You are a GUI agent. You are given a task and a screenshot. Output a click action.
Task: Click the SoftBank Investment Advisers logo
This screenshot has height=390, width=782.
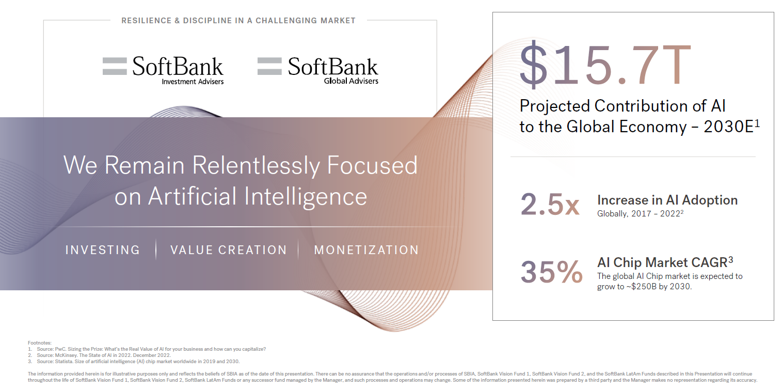coord(163,70)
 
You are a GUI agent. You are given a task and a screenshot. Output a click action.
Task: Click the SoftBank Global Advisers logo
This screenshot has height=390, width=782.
coord(317,70)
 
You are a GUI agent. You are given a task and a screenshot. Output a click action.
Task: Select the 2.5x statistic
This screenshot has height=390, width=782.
coord(550,204)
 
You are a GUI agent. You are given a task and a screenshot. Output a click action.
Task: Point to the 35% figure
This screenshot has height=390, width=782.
coord(552,272)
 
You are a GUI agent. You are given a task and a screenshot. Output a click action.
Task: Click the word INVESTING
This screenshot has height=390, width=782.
coord(103,250)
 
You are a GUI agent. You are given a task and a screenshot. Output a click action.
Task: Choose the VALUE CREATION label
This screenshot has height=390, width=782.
coord(229,250)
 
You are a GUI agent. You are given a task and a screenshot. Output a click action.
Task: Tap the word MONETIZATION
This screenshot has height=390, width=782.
coord(366,250)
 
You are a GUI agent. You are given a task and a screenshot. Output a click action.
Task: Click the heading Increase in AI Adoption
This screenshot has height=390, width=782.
coord(667,200)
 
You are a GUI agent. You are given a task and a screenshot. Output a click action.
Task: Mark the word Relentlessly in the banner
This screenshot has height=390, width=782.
coord(256,166)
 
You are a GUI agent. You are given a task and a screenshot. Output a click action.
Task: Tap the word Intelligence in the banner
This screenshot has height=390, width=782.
coord(306,197)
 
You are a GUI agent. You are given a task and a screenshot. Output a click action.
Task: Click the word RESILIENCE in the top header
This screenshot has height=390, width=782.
coord(146,21)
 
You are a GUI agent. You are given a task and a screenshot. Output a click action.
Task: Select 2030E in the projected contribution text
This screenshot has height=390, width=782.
coord(729,127)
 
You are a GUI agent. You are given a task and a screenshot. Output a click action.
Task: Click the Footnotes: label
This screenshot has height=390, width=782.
coord(39,343)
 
